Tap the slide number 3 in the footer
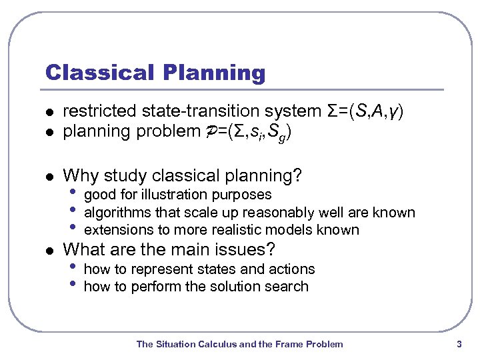click(459, 344)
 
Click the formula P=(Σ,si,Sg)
click(254, 132)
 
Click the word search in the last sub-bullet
click(287, 287)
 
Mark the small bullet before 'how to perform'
click(73, 286)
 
